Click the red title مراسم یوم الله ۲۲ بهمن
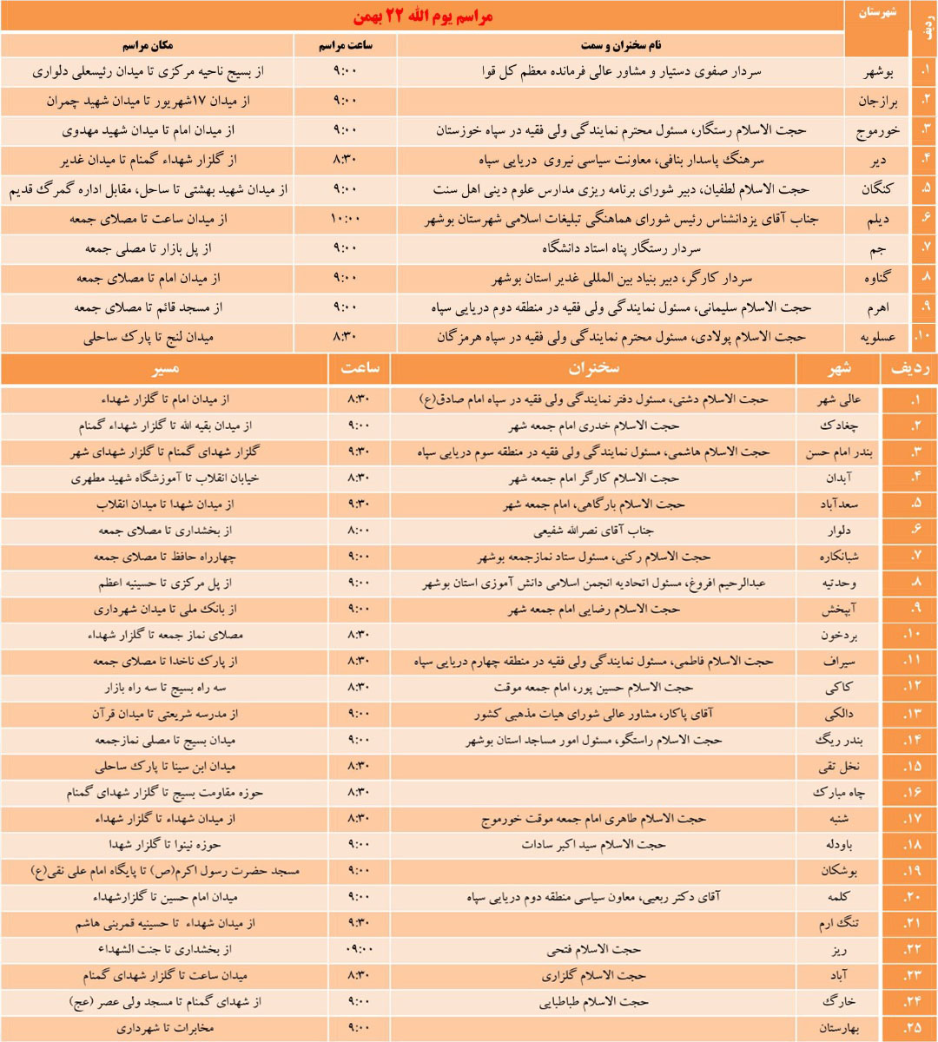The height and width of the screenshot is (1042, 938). (423, 17)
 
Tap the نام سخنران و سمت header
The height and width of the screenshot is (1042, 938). (621, 45)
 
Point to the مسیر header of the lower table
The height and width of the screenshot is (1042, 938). (165, 368)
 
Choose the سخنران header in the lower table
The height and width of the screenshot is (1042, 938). (594, 368)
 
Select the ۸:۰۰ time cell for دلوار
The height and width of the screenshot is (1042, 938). (359, 531)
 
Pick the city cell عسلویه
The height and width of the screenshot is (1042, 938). (876, 337)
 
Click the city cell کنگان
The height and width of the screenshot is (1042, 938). (876, 190)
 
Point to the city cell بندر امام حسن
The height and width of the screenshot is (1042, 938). (838, 452)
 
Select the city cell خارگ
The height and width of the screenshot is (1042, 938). (838, 1002)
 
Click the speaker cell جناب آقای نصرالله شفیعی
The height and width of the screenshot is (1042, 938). (594, 531)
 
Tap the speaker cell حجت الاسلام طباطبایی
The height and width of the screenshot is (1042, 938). (594, 1002)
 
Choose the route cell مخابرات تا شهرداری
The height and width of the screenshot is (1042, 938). (165, 1028)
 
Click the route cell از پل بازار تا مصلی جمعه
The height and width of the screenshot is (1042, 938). (149, 249)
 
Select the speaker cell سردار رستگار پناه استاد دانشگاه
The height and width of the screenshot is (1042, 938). (621, 249)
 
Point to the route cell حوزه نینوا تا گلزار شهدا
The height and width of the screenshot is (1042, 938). (165, 845)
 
